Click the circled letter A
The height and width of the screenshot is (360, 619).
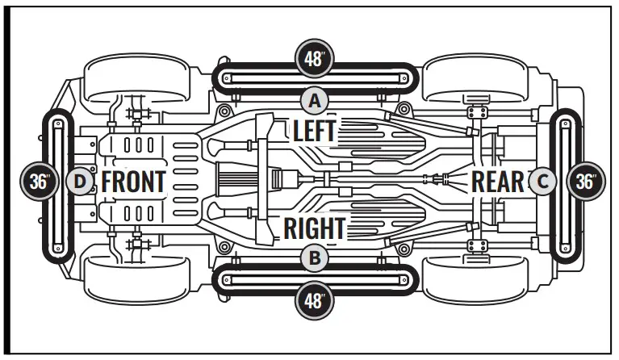[x=315, y=101]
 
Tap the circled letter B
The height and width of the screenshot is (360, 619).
[x=315, y=258]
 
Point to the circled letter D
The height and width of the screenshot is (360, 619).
[x=78, y=181]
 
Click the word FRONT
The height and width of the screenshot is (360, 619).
[x=134, y=181]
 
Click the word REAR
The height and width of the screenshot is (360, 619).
[x=498, y=181]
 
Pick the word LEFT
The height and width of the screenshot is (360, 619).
[x=315, y=131]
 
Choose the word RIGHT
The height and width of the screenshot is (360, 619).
[x=315, y=228]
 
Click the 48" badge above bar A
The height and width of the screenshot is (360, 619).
[x=315, y=57]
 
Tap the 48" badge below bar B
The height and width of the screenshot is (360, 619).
[x=315, y=301]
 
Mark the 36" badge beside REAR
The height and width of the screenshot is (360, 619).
[x=587, y=181]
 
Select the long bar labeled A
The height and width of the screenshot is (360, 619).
[x=315, y=78]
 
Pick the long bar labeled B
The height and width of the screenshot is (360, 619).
[x=315, y=280]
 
